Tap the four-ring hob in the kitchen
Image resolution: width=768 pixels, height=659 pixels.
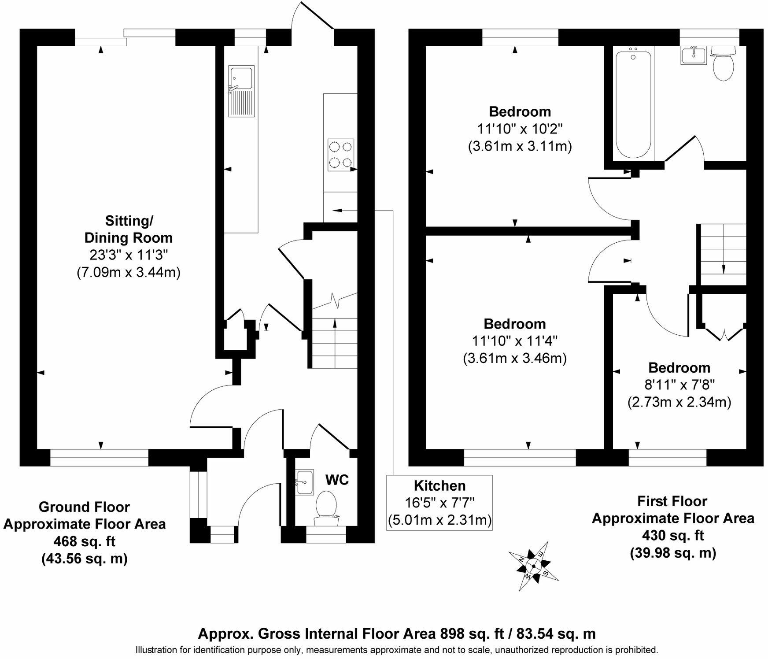(x=341, y=155)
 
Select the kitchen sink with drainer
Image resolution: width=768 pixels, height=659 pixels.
(x=241, y=91)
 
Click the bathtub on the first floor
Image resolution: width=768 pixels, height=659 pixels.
(x=633, y=104)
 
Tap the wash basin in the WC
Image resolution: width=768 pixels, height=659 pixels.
(x=304, y=481)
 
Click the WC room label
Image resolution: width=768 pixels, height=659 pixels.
(x=337, y=480)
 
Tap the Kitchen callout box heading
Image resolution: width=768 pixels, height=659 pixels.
(x=439, y=485)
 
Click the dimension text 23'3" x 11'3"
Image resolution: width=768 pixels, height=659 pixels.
(x=128, y=255)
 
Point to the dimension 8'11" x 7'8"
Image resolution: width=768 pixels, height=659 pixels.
(x=679, y=385)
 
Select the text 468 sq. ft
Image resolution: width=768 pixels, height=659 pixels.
(x=85, y=541)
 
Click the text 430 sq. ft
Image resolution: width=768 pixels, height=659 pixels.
(x=673, y=535)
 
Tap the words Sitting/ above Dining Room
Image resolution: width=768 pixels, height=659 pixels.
(x=129, y=220)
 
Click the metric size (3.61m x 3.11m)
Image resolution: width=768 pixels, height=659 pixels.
(x=520, y=146)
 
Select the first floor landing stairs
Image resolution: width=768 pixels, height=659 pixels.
(x=723, y=255)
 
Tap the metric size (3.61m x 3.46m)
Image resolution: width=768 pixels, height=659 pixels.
(x=515, y=358)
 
